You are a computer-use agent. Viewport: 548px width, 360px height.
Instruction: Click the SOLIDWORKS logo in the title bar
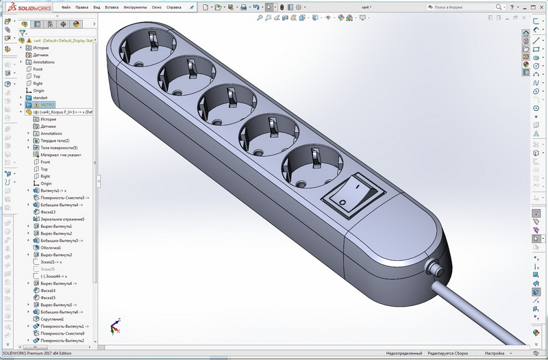27,7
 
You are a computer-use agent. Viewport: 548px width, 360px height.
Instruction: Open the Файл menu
66,8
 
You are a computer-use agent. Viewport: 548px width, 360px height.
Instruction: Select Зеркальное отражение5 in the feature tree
62,219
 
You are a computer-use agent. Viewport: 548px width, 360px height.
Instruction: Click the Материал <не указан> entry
61,155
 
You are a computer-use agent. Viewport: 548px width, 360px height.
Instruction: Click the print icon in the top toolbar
243,8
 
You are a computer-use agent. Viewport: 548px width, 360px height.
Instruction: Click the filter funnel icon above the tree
23,32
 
